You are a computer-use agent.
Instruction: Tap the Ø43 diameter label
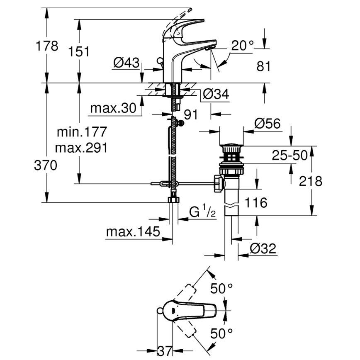(x=126, y=63)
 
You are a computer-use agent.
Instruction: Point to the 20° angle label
(x=242, y=46)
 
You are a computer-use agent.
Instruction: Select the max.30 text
(x=113, y=108)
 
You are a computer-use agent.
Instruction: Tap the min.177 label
(x=82, y=132)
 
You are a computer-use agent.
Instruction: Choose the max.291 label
(x=82, y=147)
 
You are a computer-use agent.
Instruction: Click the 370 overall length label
(x=45, y=165)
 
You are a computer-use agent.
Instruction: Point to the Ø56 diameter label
(x=267, y=123)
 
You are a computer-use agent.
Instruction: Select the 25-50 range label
(x=290, y=155)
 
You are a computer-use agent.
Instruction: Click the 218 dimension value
(x=311, y=181)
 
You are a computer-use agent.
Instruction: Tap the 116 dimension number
(x=255, y=202)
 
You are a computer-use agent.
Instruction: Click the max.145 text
(x=133, y=231)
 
